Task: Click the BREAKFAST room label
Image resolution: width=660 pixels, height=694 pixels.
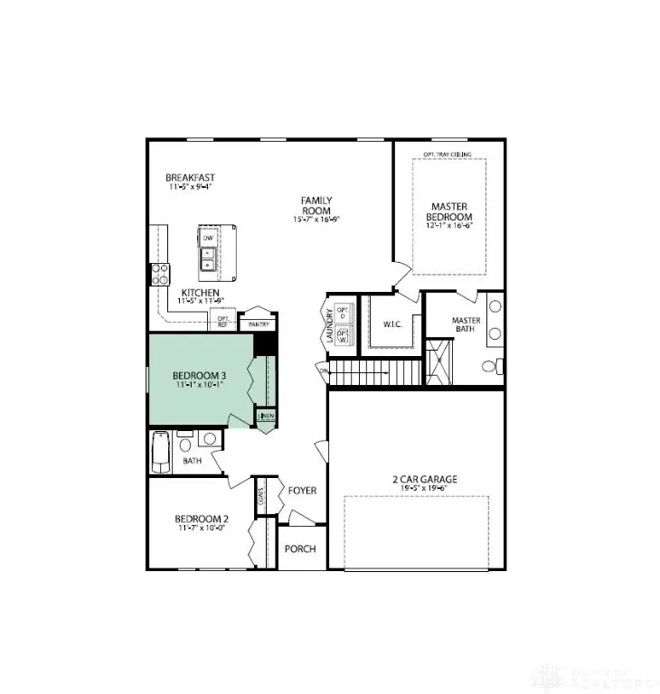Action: (x=190, y=177)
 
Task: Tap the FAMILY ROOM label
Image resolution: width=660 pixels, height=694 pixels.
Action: (x=317, y=205)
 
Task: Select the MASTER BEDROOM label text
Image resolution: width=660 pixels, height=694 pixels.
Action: (x=449, y=212)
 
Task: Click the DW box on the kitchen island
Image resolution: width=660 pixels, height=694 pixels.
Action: (x=208, y=238)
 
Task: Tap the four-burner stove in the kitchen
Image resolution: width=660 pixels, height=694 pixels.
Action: (x=161, y=274)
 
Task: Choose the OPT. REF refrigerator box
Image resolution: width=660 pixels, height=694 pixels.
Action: (x=222, y=321)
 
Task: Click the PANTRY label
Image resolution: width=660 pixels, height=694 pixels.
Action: (x=259, y=324)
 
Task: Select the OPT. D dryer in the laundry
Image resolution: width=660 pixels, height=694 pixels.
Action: (x=343, y=313)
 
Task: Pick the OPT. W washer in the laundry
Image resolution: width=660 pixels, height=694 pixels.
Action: (x=343, y=335)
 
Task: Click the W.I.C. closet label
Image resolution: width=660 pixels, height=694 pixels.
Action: (x=391, y=324)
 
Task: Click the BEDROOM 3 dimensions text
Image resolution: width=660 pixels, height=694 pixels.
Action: (x=200, y=384)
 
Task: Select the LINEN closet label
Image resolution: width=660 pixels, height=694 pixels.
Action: (x=267, y=417)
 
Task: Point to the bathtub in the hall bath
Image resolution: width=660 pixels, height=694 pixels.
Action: (x=161, y=453)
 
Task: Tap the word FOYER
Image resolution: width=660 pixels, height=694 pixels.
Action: (x=302, y=490)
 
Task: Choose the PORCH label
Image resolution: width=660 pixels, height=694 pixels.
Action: (x=300, y=549)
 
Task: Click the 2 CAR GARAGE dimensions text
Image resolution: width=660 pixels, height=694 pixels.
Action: (x=412, y=489)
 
